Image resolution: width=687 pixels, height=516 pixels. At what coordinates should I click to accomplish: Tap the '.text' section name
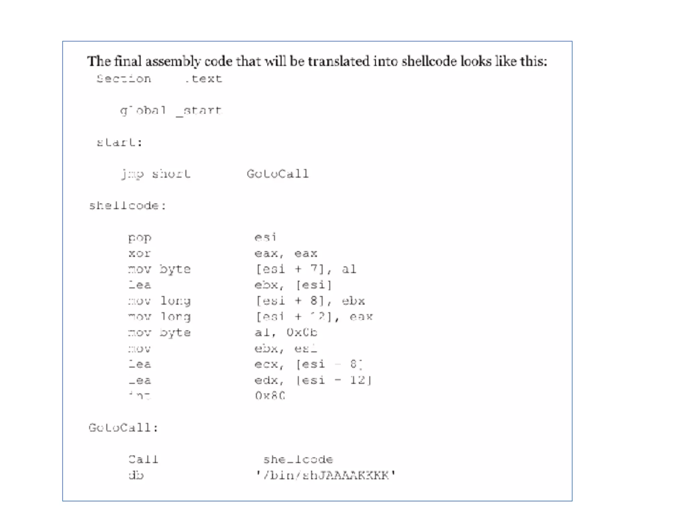(x=204, y=79)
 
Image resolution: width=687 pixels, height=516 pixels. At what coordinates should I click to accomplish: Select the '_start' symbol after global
(x=199, y=111)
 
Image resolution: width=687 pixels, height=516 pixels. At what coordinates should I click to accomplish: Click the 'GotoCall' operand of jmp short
(x=277, y=174)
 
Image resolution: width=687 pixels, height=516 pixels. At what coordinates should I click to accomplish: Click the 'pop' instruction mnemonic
(x=140, y=238)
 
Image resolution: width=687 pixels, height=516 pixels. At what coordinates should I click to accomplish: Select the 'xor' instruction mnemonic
(x=140, y=254)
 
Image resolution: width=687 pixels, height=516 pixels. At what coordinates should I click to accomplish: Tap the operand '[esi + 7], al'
(x=306, y=269)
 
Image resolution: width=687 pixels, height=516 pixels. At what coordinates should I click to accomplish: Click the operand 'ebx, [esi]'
(x=293, y=285)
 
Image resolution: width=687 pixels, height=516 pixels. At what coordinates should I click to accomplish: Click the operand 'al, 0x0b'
(x=286, y=333)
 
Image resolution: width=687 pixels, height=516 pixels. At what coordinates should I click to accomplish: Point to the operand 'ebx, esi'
(x=286, y=349)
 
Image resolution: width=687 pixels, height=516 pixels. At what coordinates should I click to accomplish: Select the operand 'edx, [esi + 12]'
(x=313, y=380)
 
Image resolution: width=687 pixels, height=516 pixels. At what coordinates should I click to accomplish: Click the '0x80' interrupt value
(x=270, y=396)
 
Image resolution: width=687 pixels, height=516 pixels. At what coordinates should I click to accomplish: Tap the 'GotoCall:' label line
(x=123, y=428)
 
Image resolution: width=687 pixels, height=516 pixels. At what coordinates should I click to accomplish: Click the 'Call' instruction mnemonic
(x=143, y=460)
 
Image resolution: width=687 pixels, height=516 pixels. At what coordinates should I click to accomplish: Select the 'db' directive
(x=136, y=475)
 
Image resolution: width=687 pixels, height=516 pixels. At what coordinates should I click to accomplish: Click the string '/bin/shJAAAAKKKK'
(x=326, y=475)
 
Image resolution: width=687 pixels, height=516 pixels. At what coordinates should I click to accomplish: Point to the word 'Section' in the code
(x=124, y=79)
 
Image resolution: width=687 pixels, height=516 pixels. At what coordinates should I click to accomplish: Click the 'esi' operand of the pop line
(x=265, y=238)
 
